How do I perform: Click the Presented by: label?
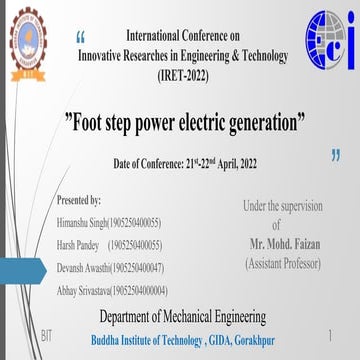(80, 201)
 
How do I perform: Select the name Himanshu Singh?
(84, 221)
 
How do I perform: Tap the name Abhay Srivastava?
(86, 290)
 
